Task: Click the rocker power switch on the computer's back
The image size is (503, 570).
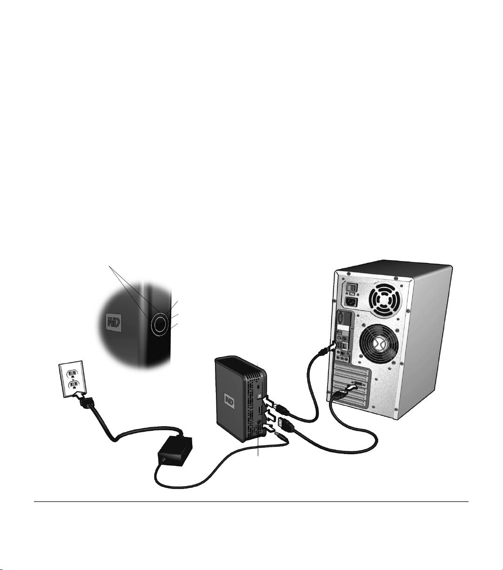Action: click(x=351, y=288)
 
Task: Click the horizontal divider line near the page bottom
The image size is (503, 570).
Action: click(x=251, y=502)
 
